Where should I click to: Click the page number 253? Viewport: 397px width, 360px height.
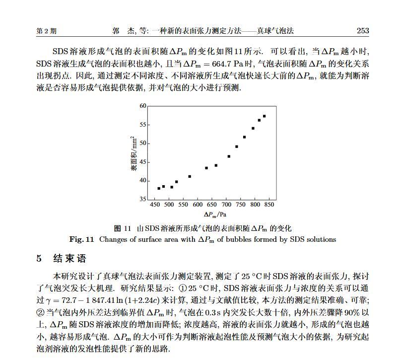coord(363,31)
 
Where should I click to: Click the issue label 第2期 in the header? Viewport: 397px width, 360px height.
coord(47,31)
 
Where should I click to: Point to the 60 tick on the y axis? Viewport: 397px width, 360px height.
coord(143,106)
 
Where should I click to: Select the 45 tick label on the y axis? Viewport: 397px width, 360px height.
coord(143,162)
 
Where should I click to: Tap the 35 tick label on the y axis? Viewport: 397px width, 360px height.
coord(143,199)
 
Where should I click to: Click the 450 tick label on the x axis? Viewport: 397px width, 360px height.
coord(154,204)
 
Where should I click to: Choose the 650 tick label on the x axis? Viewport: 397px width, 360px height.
coord(212,204)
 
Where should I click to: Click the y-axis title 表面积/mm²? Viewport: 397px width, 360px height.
coord(133,153)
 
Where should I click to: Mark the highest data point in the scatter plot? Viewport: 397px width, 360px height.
coord(265,116)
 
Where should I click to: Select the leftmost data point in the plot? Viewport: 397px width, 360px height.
coord(158,188)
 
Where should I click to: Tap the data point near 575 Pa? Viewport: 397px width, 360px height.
coord(190,176)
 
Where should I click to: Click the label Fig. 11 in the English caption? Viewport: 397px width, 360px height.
coord(82,239)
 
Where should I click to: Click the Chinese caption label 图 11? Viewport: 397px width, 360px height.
coord(122,228)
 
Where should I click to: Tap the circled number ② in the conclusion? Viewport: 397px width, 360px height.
coord(41,313)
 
